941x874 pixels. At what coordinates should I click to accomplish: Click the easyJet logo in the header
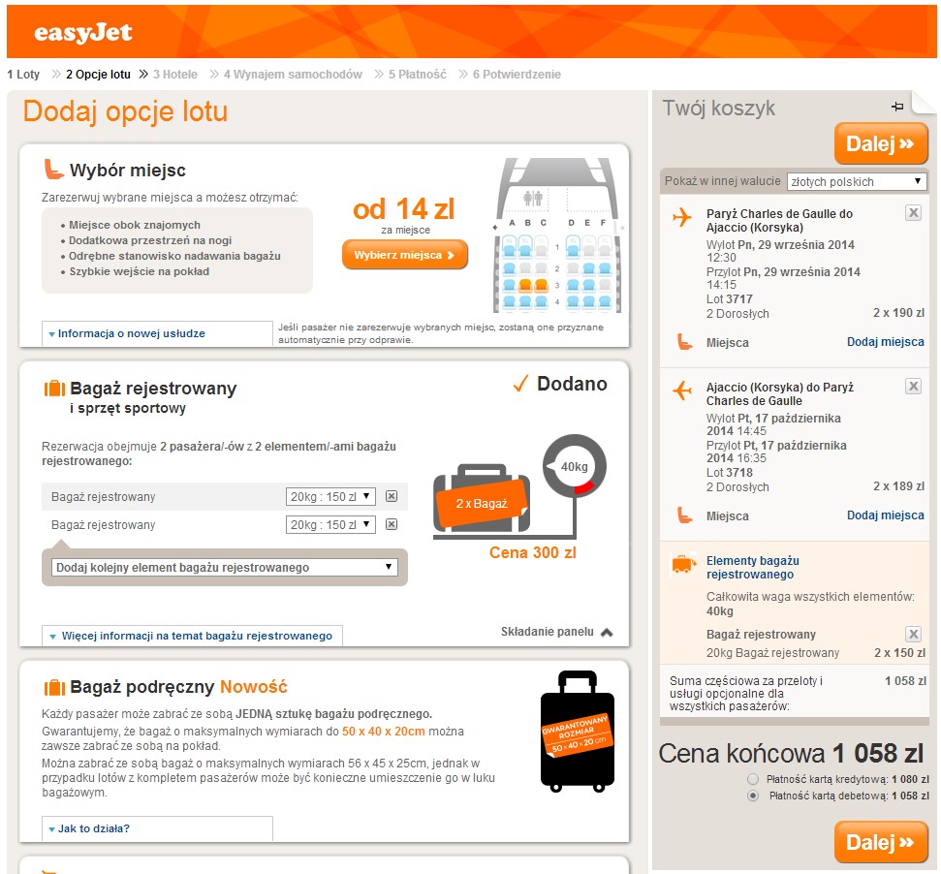[x=82, y=33]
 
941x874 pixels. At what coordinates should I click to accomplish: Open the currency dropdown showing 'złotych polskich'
[x=857, y=182]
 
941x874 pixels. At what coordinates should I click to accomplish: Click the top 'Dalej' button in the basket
[x=880, y=144]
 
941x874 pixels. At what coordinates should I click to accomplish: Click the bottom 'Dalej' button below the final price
[x=880, y=842]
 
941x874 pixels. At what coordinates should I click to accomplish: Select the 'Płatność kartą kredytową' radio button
[x=753, y=779]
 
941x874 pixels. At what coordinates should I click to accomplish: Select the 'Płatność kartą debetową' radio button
[x=753, y=796]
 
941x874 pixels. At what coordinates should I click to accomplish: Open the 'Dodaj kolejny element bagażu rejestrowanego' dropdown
[x=225, y=568]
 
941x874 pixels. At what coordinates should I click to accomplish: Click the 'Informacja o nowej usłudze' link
[x=132, y=333]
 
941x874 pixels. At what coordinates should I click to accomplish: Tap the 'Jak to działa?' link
[x=94, y=828]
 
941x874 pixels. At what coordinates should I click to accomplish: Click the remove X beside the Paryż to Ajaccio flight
[x=913, y=212]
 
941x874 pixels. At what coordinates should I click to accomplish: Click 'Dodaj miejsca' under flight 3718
[x=885, y=515]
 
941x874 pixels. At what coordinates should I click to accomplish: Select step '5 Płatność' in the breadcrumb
[x=417, y=75]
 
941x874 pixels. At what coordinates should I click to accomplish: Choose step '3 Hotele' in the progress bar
[x=175, y=75]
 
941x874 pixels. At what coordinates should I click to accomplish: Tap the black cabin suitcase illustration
[x=578, y=732]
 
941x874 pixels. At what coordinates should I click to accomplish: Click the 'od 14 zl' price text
[x=403, y=209]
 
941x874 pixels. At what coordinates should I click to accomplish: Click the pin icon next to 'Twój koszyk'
[x=897, y=107]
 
